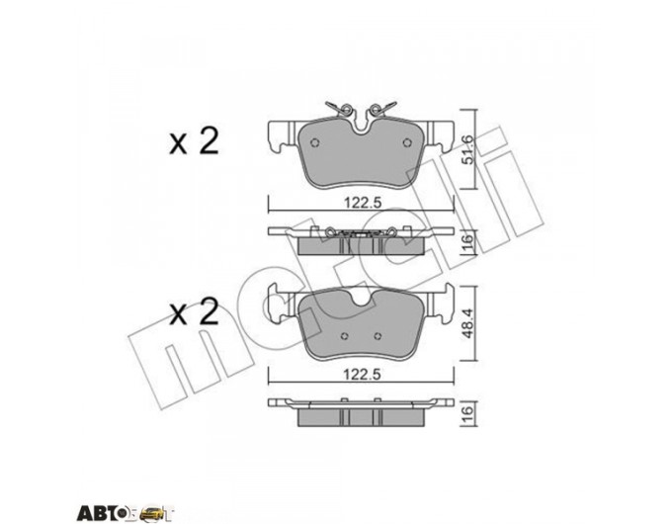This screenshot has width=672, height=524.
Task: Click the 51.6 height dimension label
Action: pyautogui.click(x=467, y=148)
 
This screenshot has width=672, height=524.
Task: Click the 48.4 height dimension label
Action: pyautogui.click(x=467, y=323)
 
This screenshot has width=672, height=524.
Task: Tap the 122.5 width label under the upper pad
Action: pyautogui.click(x=363, y=202)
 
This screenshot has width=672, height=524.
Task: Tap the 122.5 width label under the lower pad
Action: pyautogui.click(x=363, y=375)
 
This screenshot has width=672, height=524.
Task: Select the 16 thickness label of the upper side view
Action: pyautogui.click(x=467, y=242)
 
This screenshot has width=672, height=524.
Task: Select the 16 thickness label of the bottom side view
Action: pyautogui.click(x=467, y=414)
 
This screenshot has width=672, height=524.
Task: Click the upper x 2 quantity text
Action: pyautogui.click(x=194, y=141)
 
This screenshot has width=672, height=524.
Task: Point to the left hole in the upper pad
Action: pyautogui.click(x=314, y=142)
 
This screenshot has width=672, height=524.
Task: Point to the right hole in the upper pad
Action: pyautogui.click(x=407, y=142)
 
